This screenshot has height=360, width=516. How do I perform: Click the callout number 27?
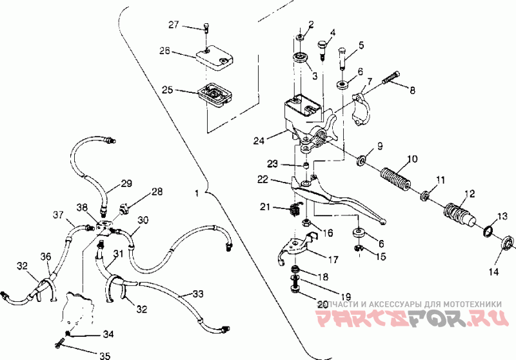[x=173, y=25]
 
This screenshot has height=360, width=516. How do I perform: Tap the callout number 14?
[x=493, y=272]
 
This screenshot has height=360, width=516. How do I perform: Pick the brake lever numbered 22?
[x=335, y=197]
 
